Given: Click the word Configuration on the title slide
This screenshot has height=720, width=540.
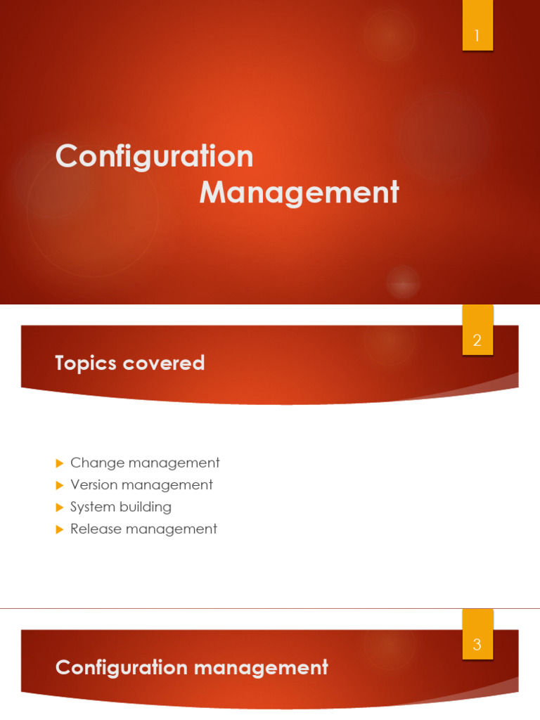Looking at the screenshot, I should [154, 156].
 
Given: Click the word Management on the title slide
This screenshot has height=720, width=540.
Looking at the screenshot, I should [299, 192].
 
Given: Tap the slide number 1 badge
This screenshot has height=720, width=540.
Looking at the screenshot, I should [477, 36].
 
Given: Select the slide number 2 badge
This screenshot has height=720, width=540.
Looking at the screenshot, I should [477, 340].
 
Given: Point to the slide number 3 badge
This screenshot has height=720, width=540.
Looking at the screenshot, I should [477, 644].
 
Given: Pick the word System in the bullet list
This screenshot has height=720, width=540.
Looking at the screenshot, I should [93, 507].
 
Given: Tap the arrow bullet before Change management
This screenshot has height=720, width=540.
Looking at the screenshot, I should [60, 463].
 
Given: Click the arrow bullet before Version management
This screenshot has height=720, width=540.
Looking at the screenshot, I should [60, 485].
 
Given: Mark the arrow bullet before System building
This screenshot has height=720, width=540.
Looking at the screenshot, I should [60, 507].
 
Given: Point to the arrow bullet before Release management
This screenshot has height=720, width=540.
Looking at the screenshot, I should [60, 529].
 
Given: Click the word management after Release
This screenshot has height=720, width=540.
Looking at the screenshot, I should [172, 529].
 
